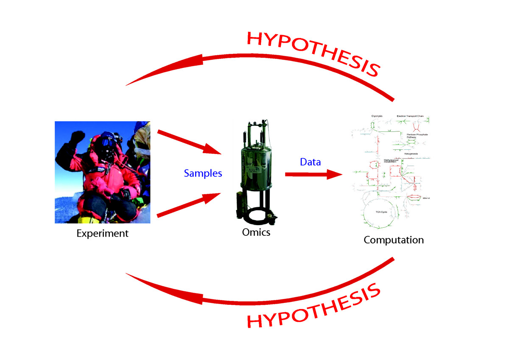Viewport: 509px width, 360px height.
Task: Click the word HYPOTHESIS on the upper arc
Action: [x=312, y=53]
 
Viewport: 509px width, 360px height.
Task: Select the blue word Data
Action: [x=310, y=162]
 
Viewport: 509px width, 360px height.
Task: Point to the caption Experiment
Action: [x=102, y=233]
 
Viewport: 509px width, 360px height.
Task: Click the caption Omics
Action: [x=256, y=232]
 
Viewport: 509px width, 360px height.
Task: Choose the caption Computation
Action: [x=393, y=240]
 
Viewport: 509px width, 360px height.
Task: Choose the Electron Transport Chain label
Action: [x=410, y=115]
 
